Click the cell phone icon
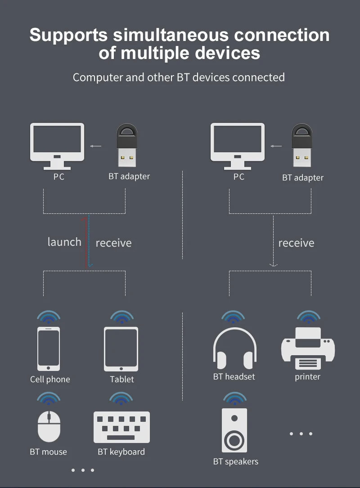pos(49,348)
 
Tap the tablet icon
pos(121,348)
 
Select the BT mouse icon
pos(49,426)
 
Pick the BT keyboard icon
pos(121,427)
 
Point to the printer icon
pos(308,348)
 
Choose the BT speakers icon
pos(234,430)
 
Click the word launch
pos(64,242)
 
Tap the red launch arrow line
pos(85,243)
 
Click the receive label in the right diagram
pos(296,243)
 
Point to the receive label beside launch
pos(113,243)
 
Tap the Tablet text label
pos(122,380)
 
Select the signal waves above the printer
pos(308,317)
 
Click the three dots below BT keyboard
pos(83,470)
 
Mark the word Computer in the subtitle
pos(98,77)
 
